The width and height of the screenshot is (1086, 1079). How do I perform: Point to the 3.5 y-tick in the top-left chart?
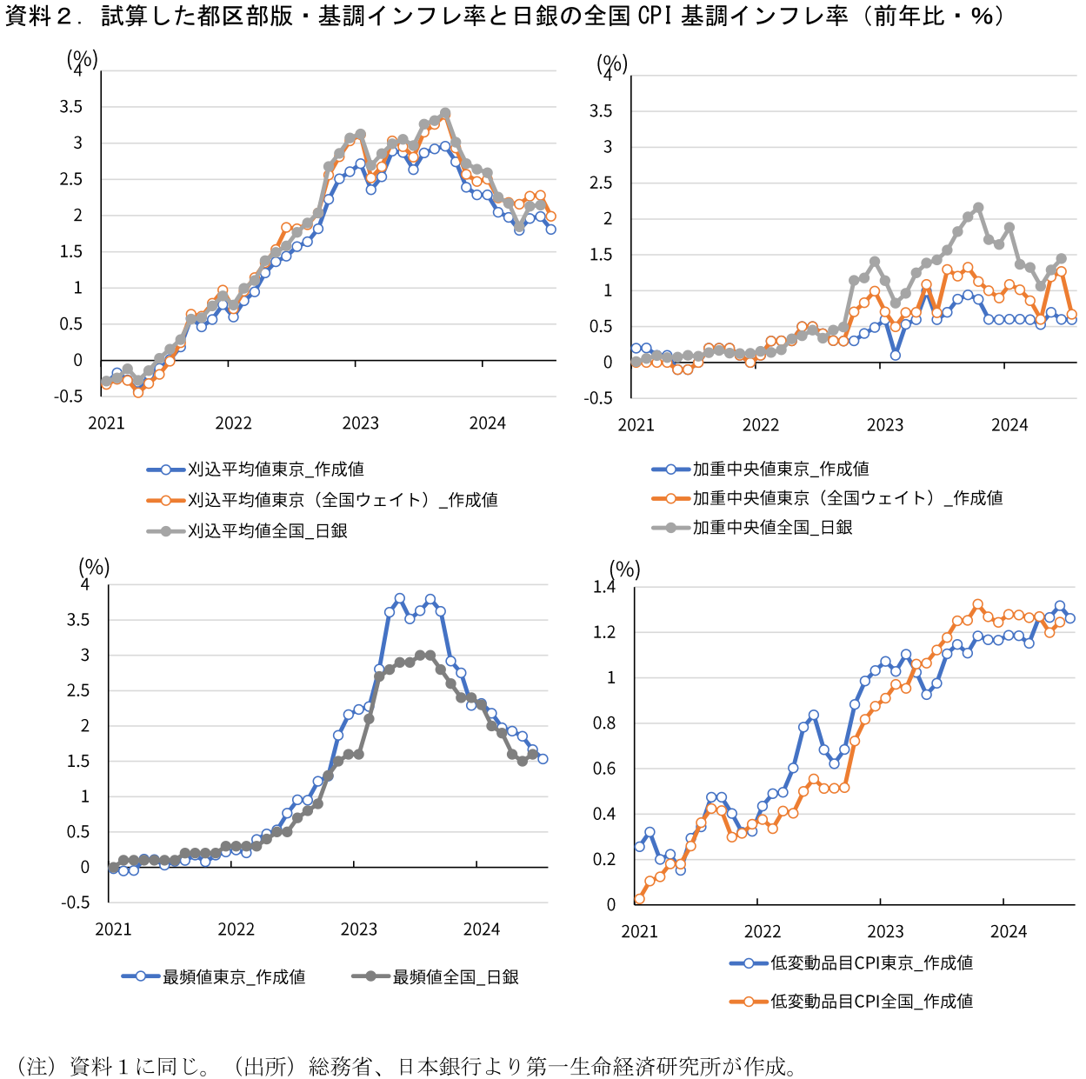pyautogui.click(x=71, y=107)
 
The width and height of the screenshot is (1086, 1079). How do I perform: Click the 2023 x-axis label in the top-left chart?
pyautogui.click(x=360, y=423)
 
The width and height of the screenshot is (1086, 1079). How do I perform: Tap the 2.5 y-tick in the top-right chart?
pyautogui.click(x=601, y=183)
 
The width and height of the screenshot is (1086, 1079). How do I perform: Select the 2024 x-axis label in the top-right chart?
pyautogui.click(x=1009, y=425)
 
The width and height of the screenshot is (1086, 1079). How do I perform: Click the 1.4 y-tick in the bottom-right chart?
pyautogui.click(x=604, y=587)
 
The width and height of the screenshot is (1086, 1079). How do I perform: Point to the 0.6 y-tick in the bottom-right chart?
pyautogui.click(x=604, y=769)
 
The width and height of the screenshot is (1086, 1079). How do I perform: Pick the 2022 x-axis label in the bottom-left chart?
pyautogui.click(x=236, y=929)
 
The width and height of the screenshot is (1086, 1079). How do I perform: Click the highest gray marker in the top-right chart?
pyautogui.click(x=978, y=208)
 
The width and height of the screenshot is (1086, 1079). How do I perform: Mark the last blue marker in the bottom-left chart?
pyautogui.click(x=543, y=759)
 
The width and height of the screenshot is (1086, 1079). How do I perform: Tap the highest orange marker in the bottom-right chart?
pyautogui.click(x=977, y=604)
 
